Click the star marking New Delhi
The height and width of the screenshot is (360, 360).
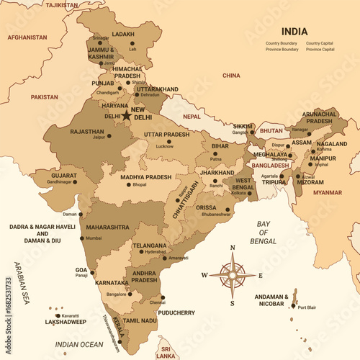click(x=127, y=115)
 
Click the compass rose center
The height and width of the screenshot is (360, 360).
click(x=233, y=274)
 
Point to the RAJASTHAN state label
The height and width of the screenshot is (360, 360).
click(x=87, y=132)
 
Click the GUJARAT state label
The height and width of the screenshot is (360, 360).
click(x=65, y=174)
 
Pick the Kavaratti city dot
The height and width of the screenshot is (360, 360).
click(x=58, y=315)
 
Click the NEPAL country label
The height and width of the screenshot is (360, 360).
click(x=192, y=115)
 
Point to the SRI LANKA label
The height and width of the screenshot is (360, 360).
click(x=167, y=351)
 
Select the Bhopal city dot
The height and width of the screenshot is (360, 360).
click(x=129, y=184)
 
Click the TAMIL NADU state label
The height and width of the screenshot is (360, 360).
click(x=140, y=320)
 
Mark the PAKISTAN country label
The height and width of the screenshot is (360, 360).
click(x=44, y=96)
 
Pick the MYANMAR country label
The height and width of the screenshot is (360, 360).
click(x=328, y=192)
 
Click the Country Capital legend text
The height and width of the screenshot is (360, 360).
click(x=319, y=43)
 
